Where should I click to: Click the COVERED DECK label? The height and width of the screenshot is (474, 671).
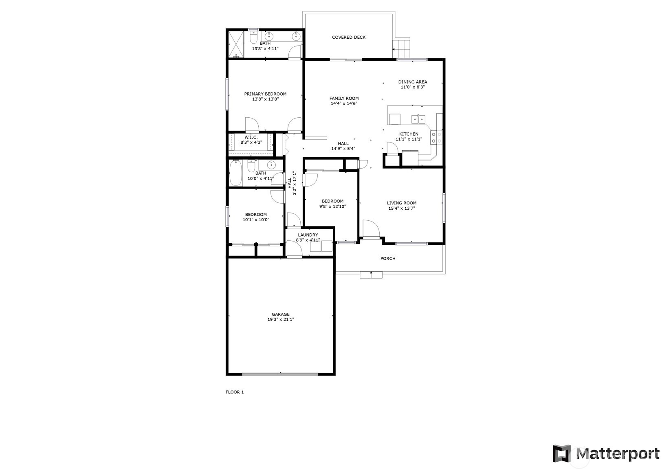[x=348, y=37]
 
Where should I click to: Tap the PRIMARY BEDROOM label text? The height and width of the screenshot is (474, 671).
[x=265, y=94]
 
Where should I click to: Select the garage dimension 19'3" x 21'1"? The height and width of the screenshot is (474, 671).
[x=281, y=320]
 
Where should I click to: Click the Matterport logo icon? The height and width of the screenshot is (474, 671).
[x=561, y=454]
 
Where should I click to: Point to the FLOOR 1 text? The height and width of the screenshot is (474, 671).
[x=235, y=392]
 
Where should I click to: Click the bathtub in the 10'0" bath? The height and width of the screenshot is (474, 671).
[x=236, y=173]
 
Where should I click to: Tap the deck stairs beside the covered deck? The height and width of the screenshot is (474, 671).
[x=401, y=49]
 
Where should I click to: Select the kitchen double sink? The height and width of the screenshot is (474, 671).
[x=418, y=119]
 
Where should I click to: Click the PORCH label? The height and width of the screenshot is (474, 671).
[x=387, y=259]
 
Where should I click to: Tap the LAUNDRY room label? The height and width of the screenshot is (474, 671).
[x=308, y=235]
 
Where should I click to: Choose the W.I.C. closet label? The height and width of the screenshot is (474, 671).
[x=251, y=138]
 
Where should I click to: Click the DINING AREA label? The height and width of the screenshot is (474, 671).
[x=412, y=82]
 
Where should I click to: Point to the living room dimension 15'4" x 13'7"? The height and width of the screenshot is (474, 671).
[x=401, y=208]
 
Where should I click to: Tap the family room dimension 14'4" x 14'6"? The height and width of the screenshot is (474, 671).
[x=344, y=104]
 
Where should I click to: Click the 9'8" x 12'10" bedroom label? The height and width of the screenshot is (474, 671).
[x=332, y=201]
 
